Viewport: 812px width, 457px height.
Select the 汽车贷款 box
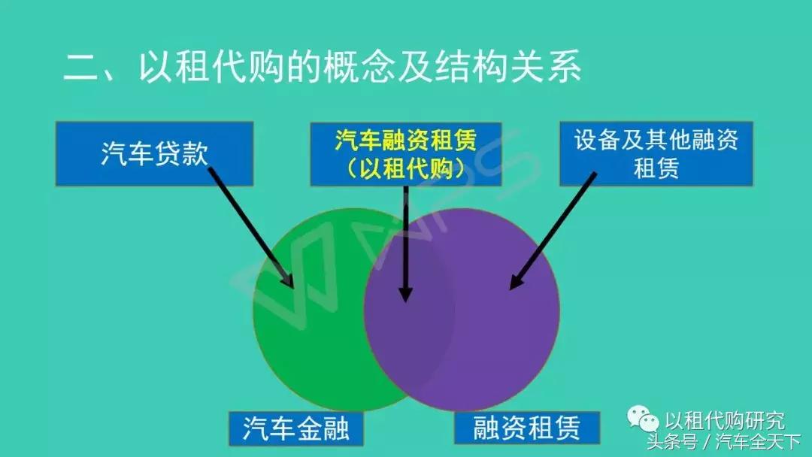point(154,153)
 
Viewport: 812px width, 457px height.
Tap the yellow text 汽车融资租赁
point(406,141)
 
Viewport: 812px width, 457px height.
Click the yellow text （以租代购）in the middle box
point(406,168)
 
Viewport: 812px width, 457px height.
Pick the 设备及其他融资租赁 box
point(656,153)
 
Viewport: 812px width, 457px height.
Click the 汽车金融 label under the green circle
point(295,428)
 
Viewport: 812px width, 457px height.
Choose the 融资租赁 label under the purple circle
point(527,428)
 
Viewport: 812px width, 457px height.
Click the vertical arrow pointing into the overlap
point(405,241)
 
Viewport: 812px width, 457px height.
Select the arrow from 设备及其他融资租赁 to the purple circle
point(553,230)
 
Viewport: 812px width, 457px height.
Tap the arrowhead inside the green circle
point(287,279)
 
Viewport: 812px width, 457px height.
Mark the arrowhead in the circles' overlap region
point(405,294)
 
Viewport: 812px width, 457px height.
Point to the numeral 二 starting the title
point(81,69)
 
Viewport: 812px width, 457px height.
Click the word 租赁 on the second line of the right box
point(656,168)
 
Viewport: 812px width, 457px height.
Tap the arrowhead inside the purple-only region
point(516,283)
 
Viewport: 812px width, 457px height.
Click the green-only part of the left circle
point(308,338)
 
